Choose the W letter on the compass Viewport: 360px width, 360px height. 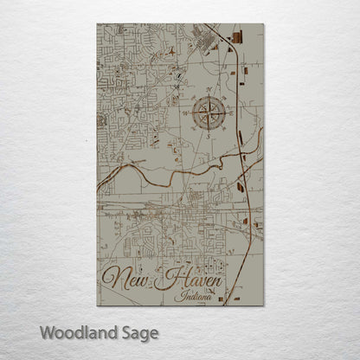tap(183, 112)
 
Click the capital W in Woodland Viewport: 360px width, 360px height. tap(48, 332)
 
